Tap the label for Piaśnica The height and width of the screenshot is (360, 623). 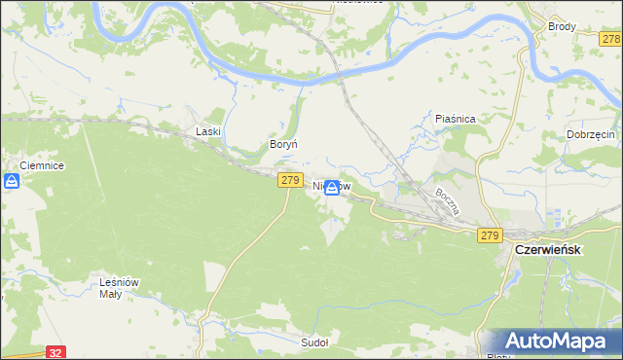pos(455,119)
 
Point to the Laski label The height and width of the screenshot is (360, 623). pos(209,130)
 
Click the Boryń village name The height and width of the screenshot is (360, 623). pos(282,144)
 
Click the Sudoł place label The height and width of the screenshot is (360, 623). pos(314,342)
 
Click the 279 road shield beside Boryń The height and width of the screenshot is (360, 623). pos(289,180)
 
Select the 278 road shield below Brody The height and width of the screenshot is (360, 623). pos(610,39)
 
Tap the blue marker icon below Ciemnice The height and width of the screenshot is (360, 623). pos(12,182)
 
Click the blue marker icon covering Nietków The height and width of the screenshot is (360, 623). pos(332,188)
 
